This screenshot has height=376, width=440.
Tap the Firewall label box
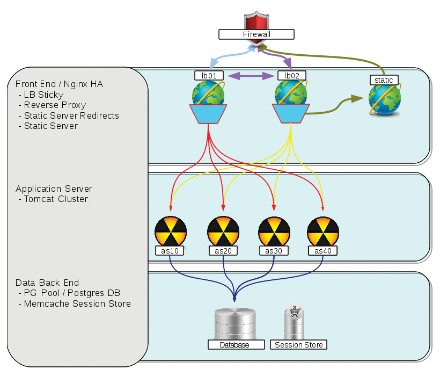(x=256, y=34)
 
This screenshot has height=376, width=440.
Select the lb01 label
(x=209, y=76)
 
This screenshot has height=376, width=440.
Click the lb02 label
(x=292, y=76)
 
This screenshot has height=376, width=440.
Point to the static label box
(x=384, y=80)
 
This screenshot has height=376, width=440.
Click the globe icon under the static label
(x=385, y=99)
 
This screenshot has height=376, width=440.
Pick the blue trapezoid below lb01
(x=208, y=113)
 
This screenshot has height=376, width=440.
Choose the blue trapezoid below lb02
(x=290, y=113)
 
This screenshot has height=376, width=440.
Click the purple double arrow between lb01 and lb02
(x=251, y=76)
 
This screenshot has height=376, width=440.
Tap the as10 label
(x=170, y=250)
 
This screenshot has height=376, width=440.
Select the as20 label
(x=223, y=250)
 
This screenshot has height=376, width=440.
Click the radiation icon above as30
(x=274, y=231)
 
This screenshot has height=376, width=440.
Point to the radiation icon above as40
(x=322, y=231)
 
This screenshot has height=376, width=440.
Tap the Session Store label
(x=299, y=345)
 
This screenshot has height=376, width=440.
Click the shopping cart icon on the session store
(x=294, y=312)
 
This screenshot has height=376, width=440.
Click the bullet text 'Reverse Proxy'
(x=55, y=105)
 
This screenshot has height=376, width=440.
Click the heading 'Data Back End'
(x=47, y=283)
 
